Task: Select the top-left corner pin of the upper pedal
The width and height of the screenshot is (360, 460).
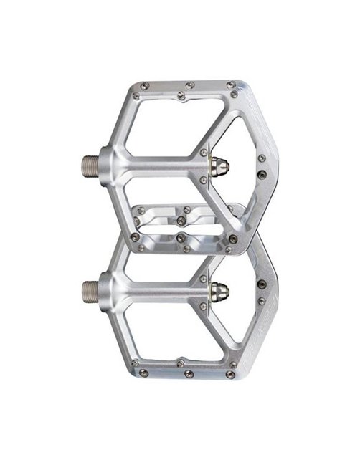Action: coord(144,87)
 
